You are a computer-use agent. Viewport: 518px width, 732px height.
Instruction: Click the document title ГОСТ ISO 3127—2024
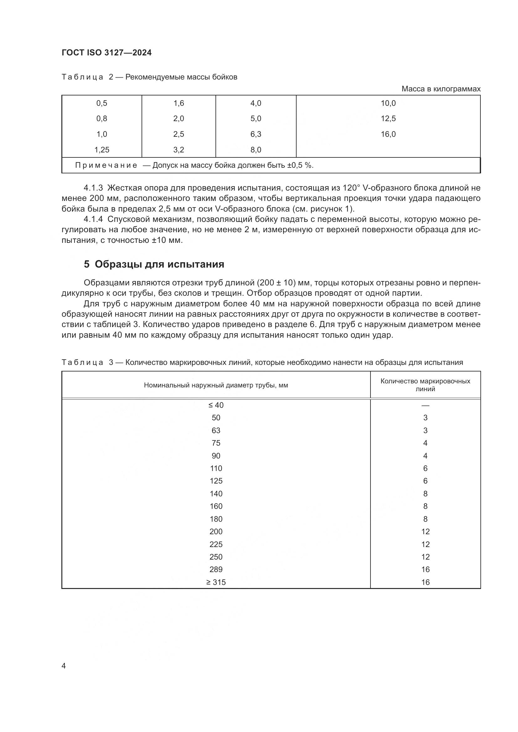pyautogui.click(x=106, y=53)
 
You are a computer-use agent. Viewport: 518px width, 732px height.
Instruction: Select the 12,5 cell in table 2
pyautogui.click(x=388, y=119)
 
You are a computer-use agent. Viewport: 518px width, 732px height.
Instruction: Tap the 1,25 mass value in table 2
pyautogui.click(x=102, y=150)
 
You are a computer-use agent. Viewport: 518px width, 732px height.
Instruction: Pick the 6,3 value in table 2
pyautogui.click(x=256, y=134)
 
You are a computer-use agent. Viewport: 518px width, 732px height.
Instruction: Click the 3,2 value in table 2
pyautogui.click(x=179, y=150)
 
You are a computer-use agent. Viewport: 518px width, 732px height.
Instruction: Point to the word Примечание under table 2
pyautogui.click(x=106, y=165)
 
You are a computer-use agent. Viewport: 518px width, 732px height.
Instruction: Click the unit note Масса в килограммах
pyautogui.click(x=441, y=89)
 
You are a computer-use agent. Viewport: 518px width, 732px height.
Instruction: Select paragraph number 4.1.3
pyautogui.click(x=93, y=188)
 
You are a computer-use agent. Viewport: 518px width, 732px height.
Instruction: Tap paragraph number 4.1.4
pyautogui.click(x=93, y=219)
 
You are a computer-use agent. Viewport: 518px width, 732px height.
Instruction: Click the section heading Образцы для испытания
pyautogui.click(x=159, y=264)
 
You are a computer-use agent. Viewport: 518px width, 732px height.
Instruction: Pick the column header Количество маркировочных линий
pyautogui.click(x=425, y=385)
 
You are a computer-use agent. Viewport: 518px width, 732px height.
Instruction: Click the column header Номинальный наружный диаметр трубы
pyautogui.click(x=216, y=385)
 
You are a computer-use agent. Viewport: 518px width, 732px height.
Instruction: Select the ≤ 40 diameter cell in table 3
pyautogui.click(x=216, y=405)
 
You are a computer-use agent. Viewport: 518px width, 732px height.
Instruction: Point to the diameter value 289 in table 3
pyautogui.click(x=216, y=569)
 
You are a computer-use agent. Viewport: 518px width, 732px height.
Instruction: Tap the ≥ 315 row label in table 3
pyautogui.click(x=216, y=582)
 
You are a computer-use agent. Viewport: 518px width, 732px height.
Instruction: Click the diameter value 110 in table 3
pyautogui.click(x=216, y=468)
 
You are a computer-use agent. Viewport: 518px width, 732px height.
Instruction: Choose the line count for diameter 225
pyautogui.click(x=425, y=544)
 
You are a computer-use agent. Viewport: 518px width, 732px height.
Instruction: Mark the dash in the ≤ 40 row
pyautogui.click(x=425, y=406)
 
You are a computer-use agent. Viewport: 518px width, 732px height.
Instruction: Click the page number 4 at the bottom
pyautogui.click(x=64, y=666)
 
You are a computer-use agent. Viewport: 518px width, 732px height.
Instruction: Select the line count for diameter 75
pyautogui.click(x=425, y=443)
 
